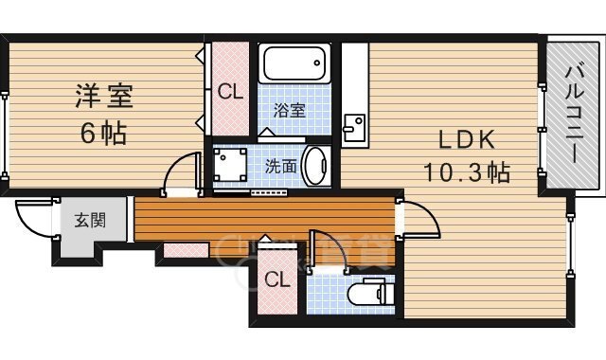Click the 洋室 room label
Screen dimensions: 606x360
104,97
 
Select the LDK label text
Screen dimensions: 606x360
467,139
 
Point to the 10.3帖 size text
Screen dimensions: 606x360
467,172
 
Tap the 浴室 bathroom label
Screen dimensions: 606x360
290,111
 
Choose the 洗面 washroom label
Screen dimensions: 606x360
281,167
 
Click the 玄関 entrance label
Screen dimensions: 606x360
90,221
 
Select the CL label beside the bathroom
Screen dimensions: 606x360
230,92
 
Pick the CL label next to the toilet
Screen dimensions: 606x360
277,279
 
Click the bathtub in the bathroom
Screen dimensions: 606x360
294,63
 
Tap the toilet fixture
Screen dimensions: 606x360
370,294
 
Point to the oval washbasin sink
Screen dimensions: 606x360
315,167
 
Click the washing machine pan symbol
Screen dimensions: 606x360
230,165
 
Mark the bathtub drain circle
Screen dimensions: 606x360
317,63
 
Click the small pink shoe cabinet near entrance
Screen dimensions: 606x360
187,250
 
